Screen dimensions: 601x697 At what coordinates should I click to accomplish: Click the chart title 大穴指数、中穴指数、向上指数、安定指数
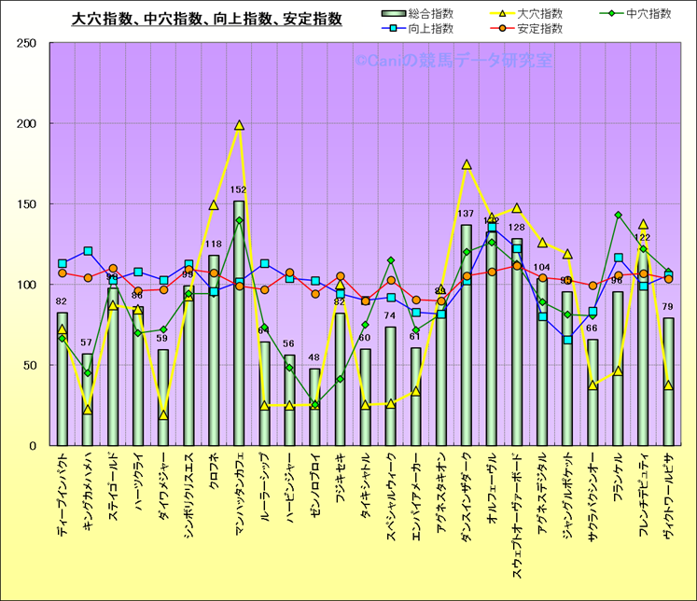click(x=206, y=18)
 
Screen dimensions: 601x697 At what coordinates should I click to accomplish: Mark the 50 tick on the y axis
click(x=28, y=365)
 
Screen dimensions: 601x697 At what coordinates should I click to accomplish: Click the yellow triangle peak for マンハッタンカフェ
click(x=239, y=125)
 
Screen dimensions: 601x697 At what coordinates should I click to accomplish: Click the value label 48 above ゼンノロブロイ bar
click(x=314, y=357)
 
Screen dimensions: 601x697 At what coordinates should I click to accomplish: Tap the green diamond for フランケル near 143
click(x=618, y=216)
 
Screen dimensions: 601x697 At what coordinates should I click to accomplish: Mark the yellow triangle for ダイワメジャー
click(x=163, y=415)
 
